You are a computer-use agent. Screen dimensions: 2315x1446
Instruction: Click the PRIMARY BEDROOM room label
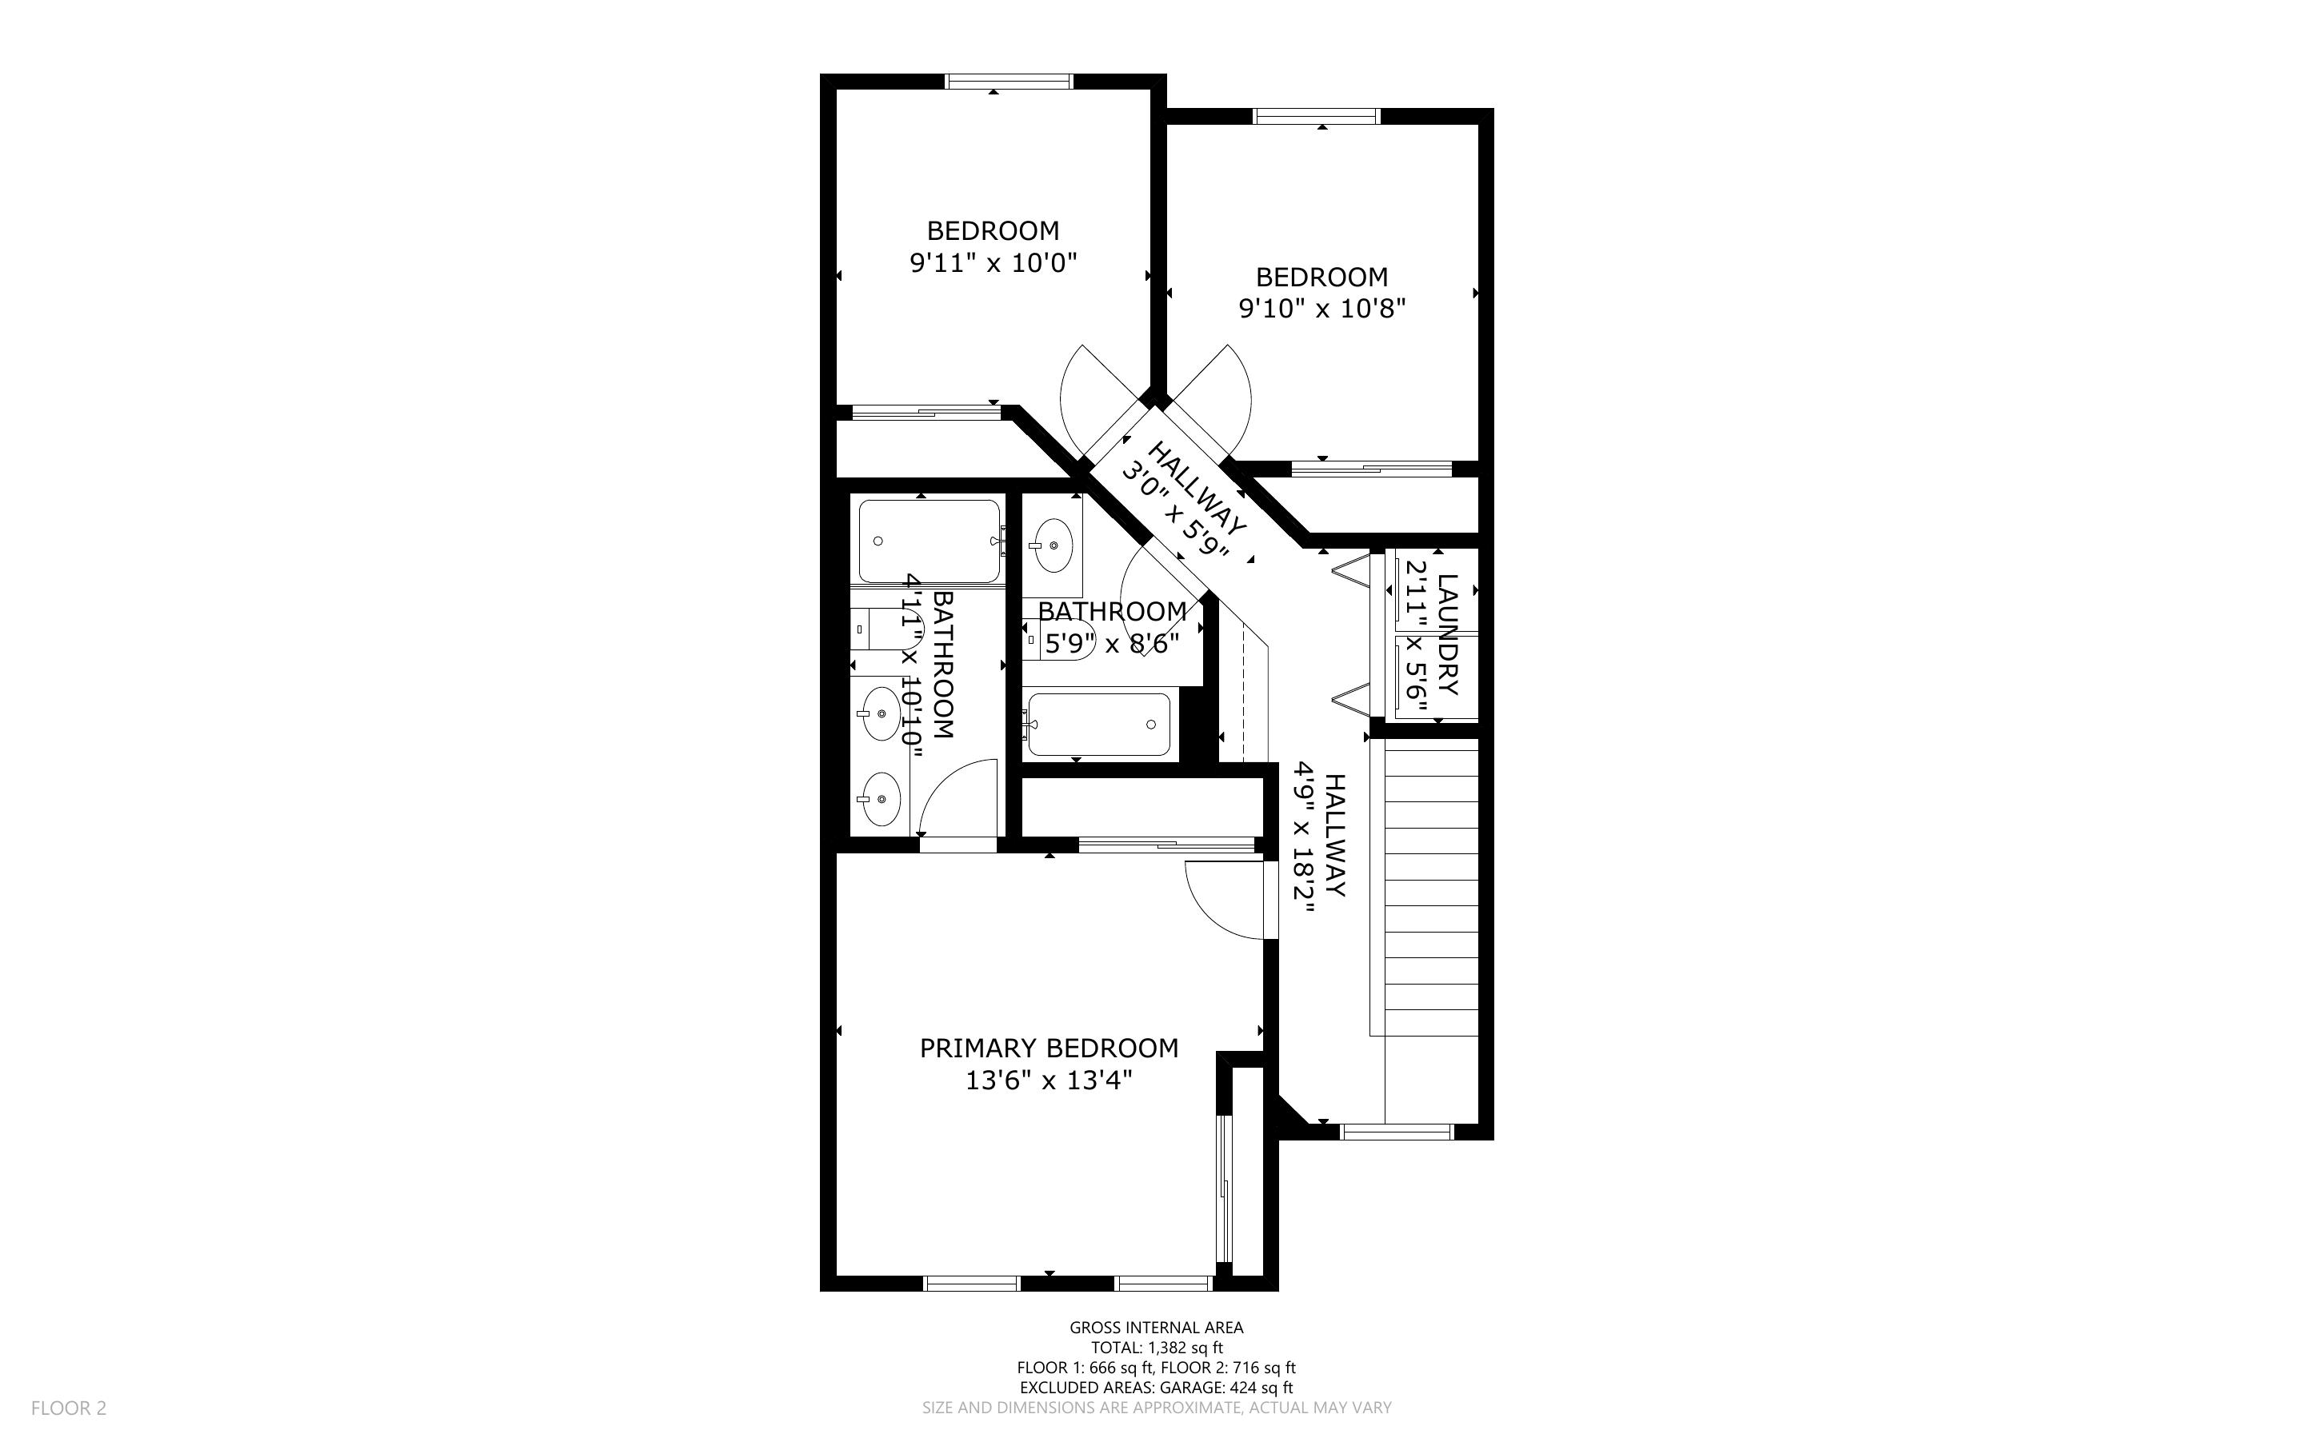1049,1049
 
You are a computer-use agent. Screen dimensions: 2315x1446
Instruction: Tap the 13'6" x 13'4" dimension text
1049,1081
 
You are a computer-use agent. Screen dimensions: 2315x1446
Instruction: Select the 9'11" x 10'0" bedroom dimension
994,263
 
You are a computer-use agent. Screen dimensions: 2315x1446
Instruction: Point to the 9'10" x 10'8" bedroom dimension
1322,309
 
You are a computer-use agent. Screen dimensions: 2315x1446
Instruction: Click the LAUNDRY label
1448,634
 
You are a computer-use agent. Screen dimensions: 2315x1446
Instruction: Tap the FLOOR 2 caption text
69,1408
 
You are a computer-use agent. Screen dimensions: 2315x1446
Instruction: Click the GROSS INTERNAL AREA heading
1156,1328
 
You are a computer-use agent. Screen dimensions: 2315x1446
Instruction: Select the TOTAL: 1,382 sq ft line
1157,1348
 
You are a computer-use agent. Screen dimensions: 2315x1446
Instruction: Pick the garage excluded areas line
1156,1388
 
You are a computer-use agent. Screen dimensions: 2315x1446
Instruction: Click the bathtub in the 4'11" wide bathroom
930,541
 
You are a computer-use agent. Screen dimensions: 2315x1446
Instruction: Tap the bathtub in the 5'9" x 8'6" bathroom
1098,725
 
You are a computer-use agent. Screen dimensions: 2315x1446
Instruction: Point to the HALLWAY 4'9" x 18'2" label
1321,837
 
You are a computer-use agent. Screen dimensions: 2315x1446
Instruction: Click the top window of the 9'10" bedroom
1317,117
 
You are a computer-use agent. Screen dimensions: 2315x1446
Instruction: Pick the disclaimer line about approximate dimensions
1157,1408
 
